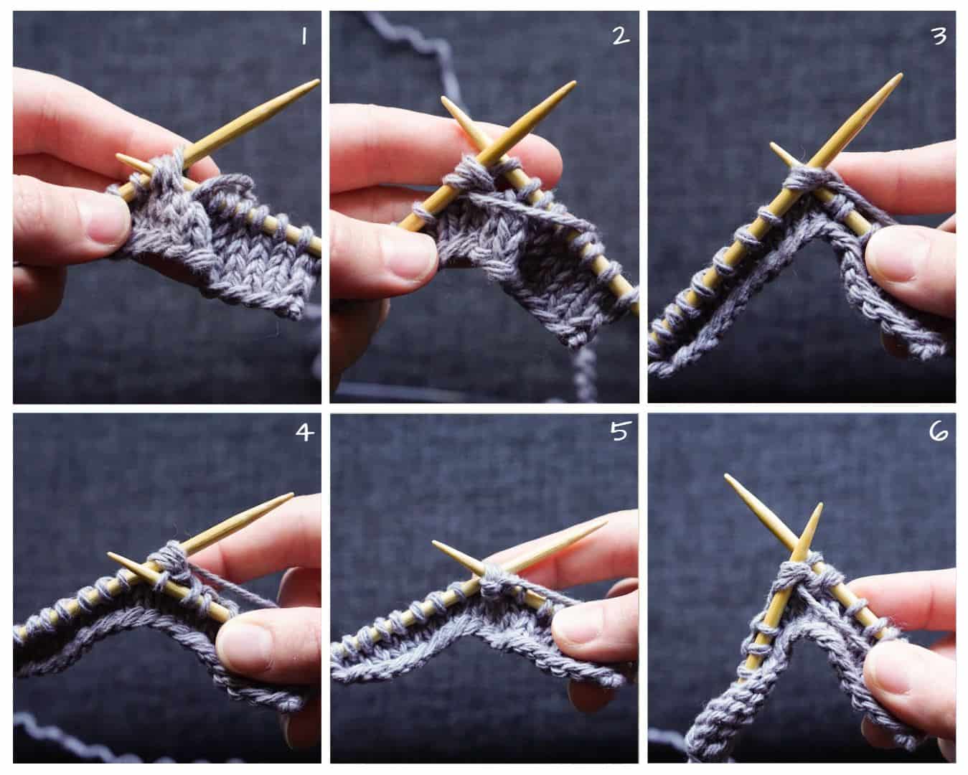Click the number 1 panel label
click(304, 36)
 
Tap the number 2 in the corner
click(621, 36)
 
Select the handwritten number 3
click(939, 36)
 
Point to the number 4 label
click(304, 432)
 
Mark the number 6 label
click(939, 432)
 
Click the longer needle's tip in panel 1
click(318, 81)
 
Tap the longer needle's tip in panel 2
click(574, 83)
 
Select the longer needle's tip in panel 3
click(901, 75)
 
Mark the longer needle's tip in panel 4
click(292, 494)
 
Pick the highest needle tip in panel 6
click(726, 476)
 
